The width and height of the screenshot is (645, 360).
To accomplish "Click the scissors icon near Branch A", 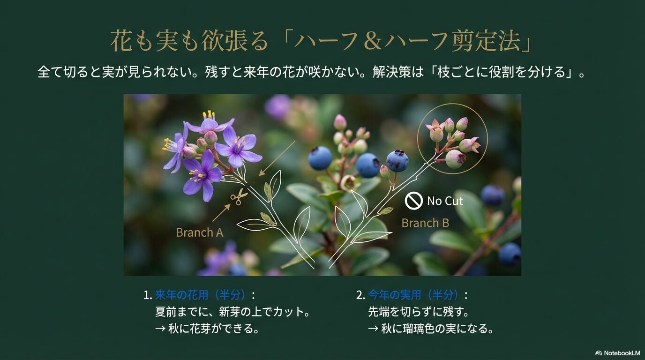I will click(x=239, y=196).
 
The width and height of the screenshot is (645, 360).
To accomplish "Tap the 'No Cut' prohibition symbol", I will click(x=413, y=201).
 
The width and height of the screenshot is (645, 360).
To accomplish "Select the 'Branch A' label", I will click(x=199, y=232).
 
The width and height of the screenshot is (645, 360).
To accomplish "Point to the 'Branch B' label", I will click(x=425, y=223).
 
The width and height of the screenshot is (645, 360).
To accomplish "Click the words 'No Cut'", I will click(x=445, y=201).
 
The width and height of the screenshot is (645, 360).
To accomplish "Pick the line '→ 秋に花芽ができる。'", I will click(x=207, y=329).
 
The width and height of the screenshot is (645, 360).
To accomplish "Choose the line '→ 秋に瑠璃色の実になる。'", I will click(x=431, y=329).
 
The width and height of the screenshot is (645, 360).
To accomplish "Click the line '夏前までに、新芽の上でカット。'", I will click(x=232, y=312).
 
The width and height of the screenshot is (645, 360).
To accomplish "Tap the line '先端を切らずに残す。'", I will click(x=419, y=312).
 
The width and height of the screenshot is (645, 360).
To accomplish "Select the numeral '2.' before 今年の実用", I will click(x=360, y=295).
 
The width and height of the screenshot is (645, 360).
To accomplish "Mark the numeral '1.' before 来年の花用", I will click(x=148, y=295).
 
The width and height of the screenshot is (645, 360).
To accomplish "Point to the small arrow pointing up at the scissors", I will click(x=221, y=212).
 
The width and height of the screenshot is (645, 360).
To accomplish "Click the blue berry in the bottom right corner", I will click(x=509, y=254).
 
